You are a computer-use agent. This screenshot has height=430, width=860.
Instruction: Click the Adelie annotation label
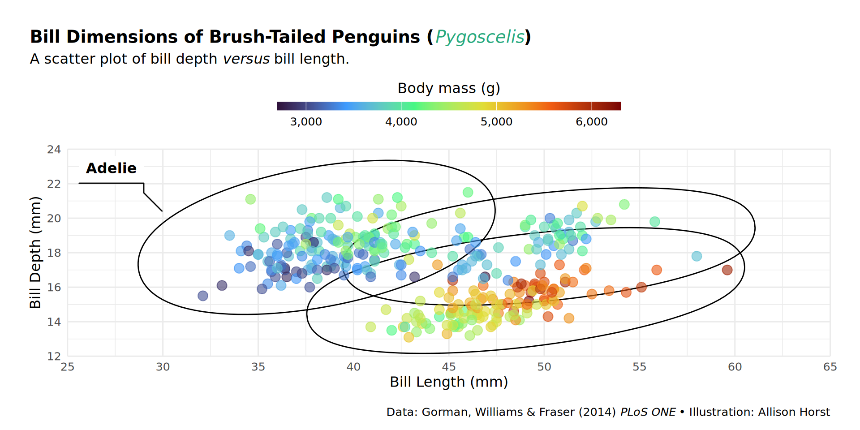[111, 168]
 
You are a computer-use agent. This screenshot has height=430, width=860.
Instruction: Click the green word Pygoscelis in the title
[480, 37]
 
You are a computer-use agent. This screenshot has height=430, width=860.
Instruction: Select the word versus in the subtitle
[246, 59]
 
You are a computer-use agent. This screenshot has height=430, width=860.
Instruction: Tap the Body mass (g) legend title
[449, 88]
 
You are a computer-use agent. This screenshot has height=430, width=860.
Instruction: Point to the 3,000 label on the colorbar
[306, 122]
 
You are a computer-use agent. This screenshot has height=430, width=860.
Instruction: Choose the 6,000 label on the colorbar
[591, 122]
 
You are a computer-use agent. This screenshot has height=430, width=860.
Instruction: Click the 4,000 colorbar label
[401, 122]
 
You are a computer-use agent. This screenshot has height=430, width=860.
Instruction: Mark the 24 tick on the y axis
[54, 150]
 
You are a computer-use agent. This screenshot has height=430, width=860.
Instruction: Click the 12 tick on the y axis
[54, 357]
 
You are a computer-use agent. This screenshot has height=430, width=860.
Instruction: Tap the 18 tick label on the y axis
[54, 253]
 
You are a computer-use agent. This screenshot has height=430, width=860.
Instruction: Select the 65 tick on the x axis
[830, 367]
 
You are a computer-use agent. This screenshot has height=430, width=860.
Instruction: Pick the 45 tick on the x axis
[448, 367]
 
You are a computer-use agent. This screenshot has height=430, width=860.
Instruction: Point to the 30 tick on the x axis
[163, 367]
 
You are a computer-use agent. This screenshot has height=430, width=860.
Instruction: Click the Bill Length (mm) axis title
[449, 382]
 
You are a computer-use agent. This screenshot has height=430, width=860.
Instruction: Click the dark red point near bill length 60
[727, 270]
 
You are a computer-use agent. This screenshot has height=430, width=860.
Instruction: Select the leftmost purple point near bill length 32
[203, 296]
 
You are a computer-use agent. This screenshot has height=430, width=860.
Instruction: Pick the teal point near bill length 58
[697, 256]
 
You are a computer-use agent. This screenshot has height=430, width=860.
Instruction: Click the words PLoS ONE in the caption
[648, 412]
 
